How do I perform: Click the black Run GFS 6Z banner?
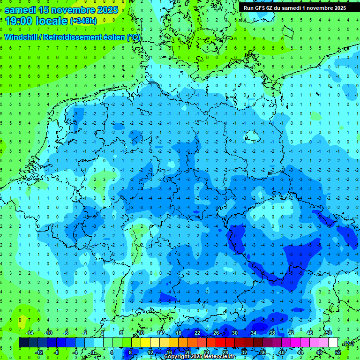pyautogui.click(x=295, y=8)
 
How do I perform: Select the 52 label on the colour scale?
pyautogui.click(x=337, y=352)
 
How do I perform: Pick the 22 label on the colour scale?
pyautogui.click(x=197, y=333)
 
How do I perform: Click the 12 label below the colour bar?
pyautogui.click(x=150, y=352)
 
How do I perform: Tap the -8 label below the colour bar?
pyautogui.click(x=57, y=352)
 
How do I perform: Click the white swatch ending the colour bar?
pyautogui.click(x=333, y=343)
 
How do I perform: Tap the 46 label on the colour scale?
pyautogui.click(x=310, y=333)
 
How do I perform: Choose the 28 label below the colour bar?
pyautogui.click(x=225, y=352)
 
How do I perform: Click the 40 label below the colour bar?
pyautogui.click(x=282, y=352)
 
